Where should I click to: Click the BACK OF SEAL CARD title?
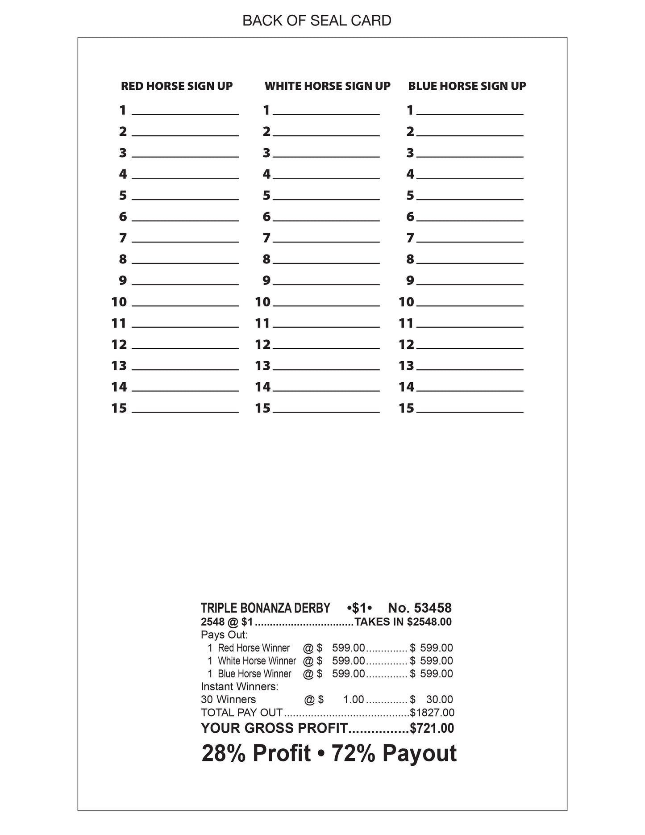(316, 21)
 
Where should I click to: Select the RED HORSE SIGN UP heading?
(177, 86)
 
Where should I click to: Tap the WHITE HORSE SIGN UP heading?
(327, 86)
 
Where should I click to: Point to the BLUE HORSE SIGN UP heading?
(467, 86)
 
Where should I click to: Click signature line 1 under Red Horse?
(185, 112)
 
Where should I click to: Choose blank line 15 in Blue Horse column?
(470, 409)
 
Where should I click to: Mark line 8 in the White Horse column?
(326, 261)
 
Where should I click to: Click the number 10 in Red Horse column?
(119, 302)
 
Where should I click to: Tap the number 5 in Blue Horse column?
(410, 196)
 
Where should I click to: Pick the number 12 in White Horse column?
(263, 345)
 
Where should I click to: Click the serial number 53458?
(433, 608)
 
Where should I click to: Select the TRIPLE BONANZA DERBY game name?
(266, 608)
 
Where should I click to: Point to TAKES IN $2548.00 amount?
(403, 622)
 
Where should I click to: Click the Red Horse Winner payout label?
(254, 648)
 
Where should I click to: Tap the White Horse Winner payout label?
(257, 661)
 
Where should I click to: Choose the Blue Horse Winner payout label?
(254, 674)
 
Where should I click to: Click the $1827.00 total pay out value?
(432, 713)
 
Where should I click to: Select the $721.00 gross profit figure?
(432, 728)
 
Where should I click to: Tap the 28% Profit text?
(256, 754)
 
